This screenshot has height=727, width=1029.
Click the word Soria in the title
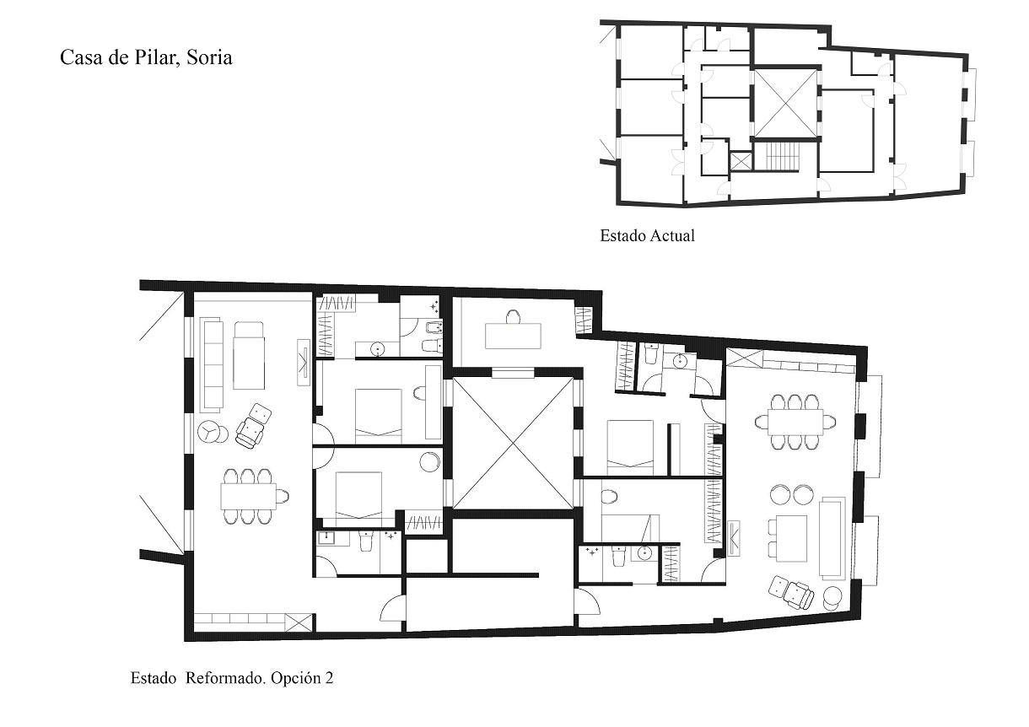coord(209,58)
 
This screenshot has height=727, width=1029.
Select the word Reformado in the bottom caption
coord(225,678)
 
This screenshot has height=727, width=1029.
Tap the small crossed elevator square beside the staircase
coord(741,162)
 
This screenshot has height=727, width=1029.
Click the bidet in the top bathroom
coord(434,327)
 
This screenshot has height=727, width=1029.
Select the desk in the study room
coord(513,336)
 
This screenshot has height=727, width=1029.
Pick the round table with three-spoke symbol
coord(208,432)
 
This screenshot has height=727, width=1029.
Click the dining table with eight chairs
coord(795,422)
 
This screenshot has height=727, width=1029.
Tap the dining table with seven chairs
coord(249,496)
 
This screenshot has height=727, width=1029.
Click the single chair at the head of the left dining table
coord(283,497)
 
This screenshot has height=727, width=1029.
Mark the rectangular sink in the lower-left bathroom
coord(326,538)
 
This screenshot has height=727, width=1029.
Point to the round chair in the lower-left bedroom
coord(430,461)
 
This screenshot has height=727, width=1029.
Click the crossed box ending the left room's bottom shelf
coord(298,622)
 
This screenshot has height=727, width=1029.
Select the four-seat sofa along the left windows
coord(213,363)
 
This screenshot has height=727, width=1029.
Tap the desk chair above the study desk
coord(513,317)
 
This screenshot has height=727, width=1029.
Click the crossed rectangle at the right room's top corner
coord(745,357)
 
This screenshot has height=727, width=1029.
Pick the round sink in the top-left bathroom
coord(378,349)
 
